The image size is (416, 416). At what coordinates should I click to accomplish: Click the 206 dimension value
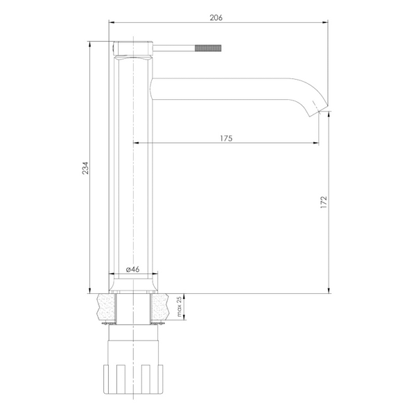[216, 18]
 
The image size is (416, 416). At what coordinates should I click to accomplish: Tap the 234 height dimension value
[85, 168]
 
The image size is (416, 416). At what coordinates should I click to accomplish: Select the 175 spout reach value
[226, 138]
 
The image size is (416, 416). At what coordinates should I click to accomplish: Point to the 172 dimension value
[324, 202]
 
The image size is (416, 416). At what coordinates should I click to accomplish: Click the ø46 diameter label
[132, 269]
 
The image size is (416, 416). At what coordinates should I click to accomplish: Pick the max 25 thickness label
[180, 306]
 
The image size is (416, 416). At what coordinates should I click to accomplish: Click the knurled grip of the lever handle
[208, 48]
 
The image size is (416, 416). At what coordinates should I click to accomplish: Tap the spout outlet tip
[318, 112]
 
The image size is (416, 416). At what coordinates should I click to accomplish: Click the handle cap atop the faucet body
[133, 49]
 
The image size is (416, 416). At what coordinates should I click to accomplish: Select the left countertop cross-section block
[106, 309]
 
